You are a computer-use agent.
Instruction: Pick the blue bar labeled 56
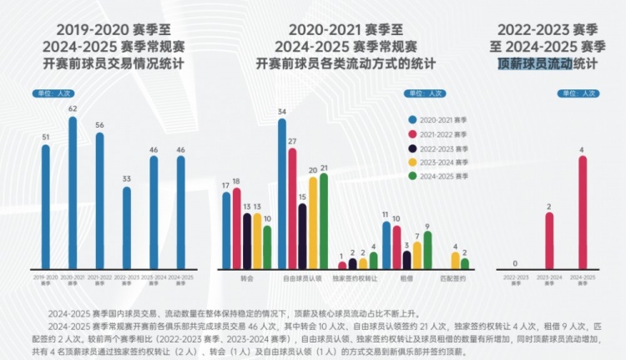point(100,200)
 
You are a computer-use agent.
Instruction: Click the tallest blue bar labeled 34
point(282,193)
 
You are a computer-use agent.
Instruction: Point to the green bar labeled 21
point(323,221)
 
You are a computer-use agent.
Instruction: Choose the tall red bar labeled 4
point(583,212)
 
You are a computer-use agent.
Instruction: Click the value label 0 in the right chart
point(514,262)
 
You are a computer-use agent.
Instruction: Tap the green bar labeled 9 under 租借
point(427,250)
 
